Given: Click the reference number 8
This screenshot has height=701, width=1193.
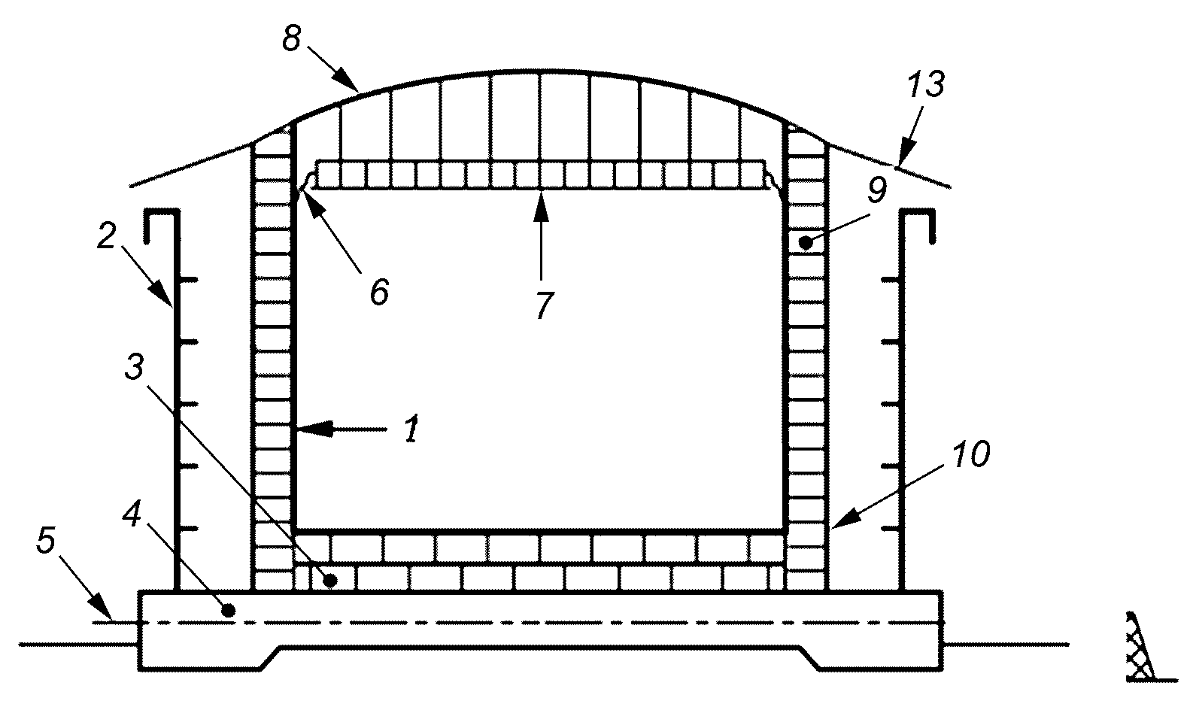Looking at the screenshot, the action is [292, 38].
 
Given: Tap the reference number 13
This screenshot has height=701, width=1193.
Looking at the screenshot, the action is [926, 85].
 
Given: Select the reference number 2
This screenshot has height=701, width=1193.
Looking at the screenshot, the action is [106, 236].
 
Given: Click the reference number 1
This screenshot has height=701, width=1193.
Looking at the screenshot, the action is [411, 429].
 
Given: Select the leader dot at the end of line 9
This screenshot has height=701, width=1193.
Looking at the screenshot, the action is [806, 244].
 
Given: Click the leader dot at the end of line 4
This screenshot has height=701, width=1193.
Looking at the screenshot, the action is [229, 610].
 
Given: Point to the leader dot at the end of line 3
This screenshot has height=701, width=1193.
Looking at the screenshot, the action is [331, 580].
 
